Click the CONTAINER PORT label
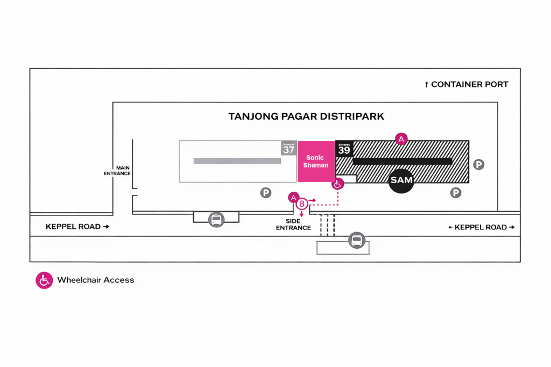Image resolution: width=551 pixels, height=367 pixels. click(467, 84)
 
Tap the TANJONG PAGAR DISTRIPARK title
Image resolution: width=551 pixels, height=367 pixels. click(306, 116)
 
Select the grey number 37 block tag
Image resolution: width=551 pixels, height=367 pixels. click(289, 148)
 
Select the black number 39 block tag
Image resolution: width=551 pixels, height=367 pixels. click(344, 148)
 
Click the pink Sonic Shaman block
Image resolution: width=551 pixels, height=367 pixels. click(316, 161)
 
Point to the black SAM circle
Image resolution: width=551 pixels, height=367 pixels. click(401, 180)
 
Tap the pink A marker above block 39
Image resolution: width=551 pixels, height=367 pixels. click(400, 139)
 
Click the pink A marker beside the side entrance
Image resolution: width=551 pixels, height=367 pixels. click(293, 197)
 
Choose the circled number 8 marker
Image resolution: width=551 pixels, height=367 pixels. click(302, 204)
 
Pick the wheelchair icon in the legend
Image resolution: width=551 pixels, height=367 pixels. click(44, 280)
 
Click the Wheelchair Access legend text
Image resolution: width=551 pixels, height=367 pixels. click(96, 280)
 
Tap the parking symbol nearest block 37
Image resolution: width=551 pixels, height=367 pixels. click(266, 192)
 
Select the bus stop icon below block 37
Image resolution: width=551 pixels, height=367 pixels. click(216, 219)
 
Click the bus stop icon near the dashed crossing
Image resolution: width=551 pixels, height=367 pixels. click(356, 240)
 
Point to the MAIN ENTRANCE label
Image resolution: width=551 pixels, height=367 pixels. click(117, 170)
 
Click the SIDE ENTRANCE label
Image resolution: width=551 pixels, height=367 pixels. click(294, 225)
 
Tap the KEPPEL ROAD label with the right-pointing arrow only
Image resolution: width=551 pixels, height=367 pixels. click(77, 227)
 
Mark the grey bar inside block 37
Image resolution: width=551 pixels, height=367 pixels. click(237, 161)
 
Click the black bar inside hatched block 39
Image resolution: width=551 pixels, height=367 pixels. click(402, 161)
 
